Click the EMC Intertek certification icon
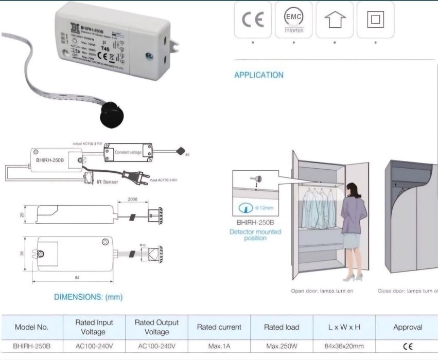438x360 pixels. (x=293, y=20)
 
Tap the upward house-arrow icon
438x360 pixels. (x=334, y=20)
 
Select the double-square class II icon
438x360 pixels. (x=375, y=20)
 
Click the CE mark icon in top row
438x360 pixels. (x=253, y=20)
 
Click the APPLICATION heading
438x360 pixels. (x=258, y=75)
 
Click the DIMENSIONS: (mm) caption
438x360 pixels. (x=89, y=297)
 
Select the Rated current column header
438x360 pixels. (x=219, y=327)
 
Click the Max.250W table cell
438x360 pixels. (x=281, y=347)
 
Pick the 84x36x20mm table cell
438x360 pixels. (x=344, y=347)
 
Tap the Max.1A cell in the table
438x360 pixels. (x=219, y=347)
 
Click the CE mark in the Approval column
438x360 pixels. (x=407, y=347)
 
